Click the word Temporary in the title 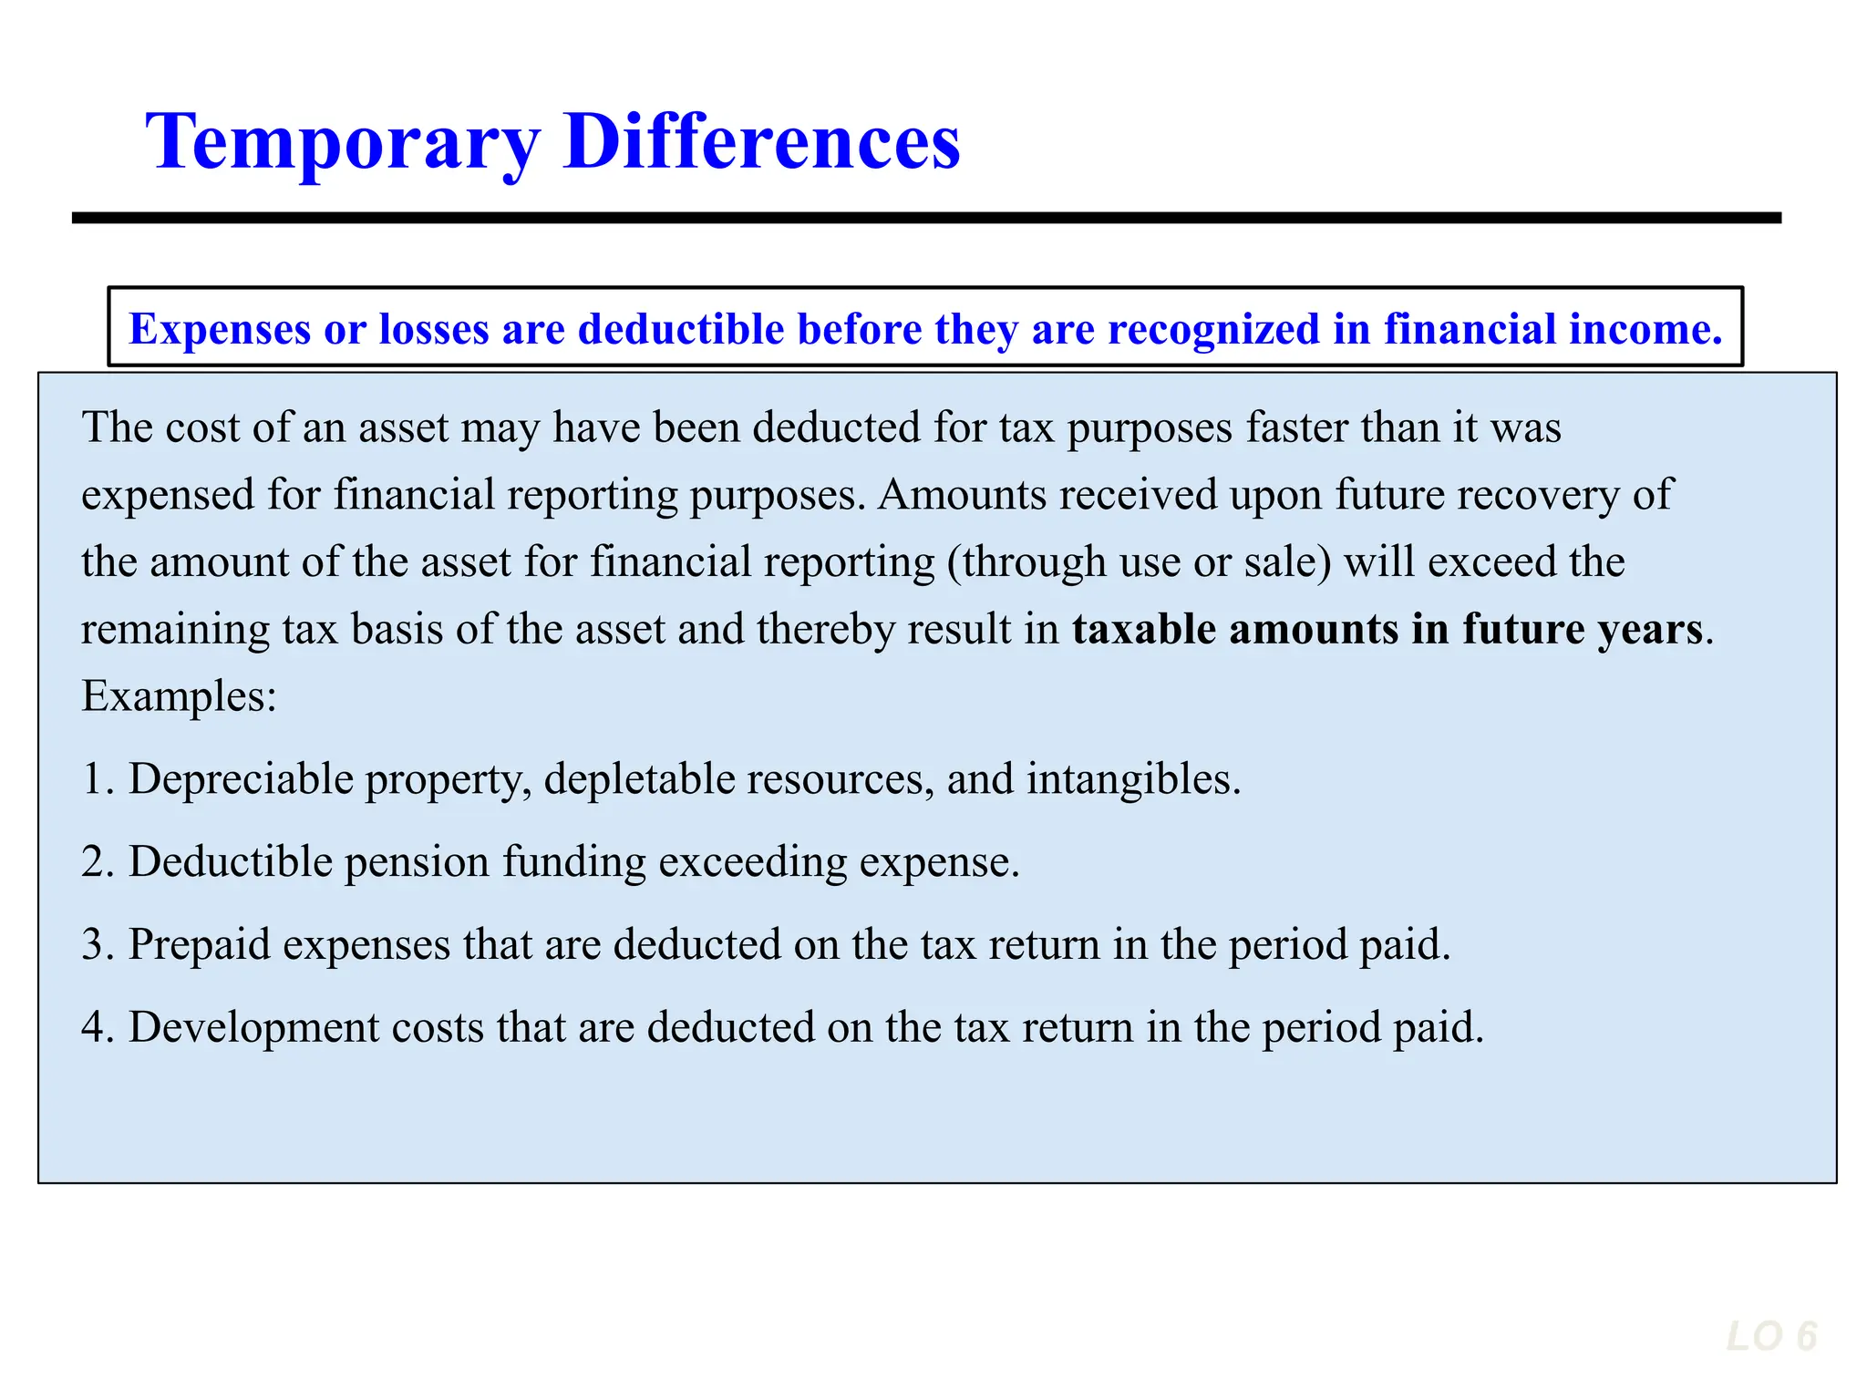[343, 142]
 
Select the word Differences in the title [762, 142]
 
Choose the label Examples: [179, 697]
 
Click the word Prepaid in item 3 [200, 945]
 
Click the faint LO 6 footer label [1771, 1337]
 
